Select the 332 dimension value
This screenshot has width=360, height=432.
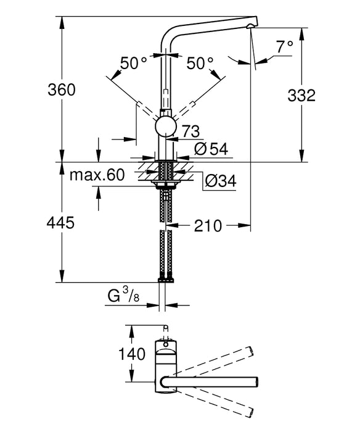(302, 96)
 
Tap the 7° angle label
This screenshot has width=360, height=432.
(284, 46)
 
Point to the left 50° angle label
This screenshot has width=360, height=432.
(134, 62)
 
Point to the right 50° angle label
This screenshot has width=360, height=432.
(200, 62)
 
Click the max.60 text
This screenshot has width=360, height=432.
(97, 175)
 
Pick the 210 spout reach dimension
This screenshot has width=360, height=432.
(208, 226)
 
